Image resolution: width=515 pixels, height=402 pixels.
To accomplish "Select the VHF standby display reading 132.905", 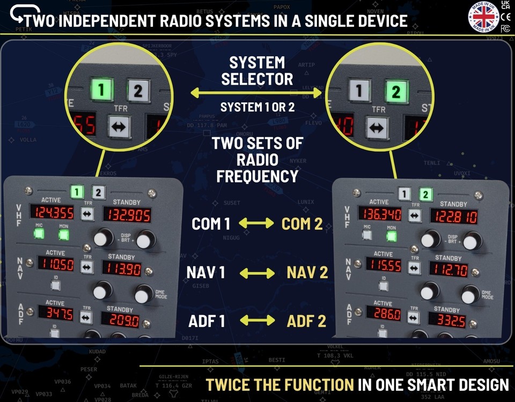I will tap(127, 215).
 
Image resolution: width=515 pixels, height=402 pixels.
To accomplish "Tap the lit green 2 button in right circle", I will tap(396, 91).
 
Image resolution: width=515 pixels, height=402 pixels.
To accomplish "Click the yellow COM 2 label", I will tap(303, 224).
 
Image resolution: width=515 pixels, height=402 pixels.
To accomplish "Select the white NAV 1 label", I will tap(206, 273).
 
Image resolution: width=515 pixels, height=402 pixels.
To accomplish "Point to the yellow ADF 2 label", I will tap(306, 321).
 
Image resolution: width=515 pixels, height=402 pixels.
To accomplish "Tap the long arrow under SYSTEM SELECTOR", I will tap(256, 93).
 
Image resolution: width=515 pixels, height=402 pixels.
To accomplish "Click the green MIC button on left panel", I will tap(39, 233).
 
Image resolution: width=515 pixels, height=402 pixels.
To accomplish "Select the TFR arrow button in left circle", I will tap(119, 127).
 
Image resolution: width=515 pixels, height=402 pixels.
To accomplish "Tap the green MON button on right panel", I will tap(392, 235).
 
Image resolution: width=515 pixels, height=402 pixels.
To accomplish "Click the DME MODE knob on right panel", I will tap(470, 294).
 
